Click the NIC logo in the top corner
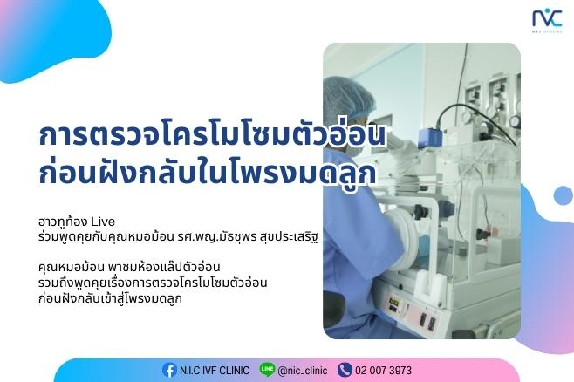point(547,20)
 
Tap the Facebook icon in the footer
point(169,370)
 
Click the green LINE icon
point(267,369)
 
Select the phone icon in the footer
point(345,370)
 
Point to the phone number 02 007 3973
point(383,371)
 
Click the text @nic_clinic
point(303,371)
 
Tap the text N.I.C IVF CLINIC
point(214,371)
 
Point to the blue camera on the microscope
point(431,137)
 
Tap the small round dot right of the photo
point(563,195)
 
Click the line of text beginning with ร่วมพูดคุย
point(178,237)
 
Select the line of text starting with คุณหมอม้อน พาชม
point(129,267)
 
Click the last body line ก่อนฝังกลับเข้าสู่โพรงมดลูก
point(110,298)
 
